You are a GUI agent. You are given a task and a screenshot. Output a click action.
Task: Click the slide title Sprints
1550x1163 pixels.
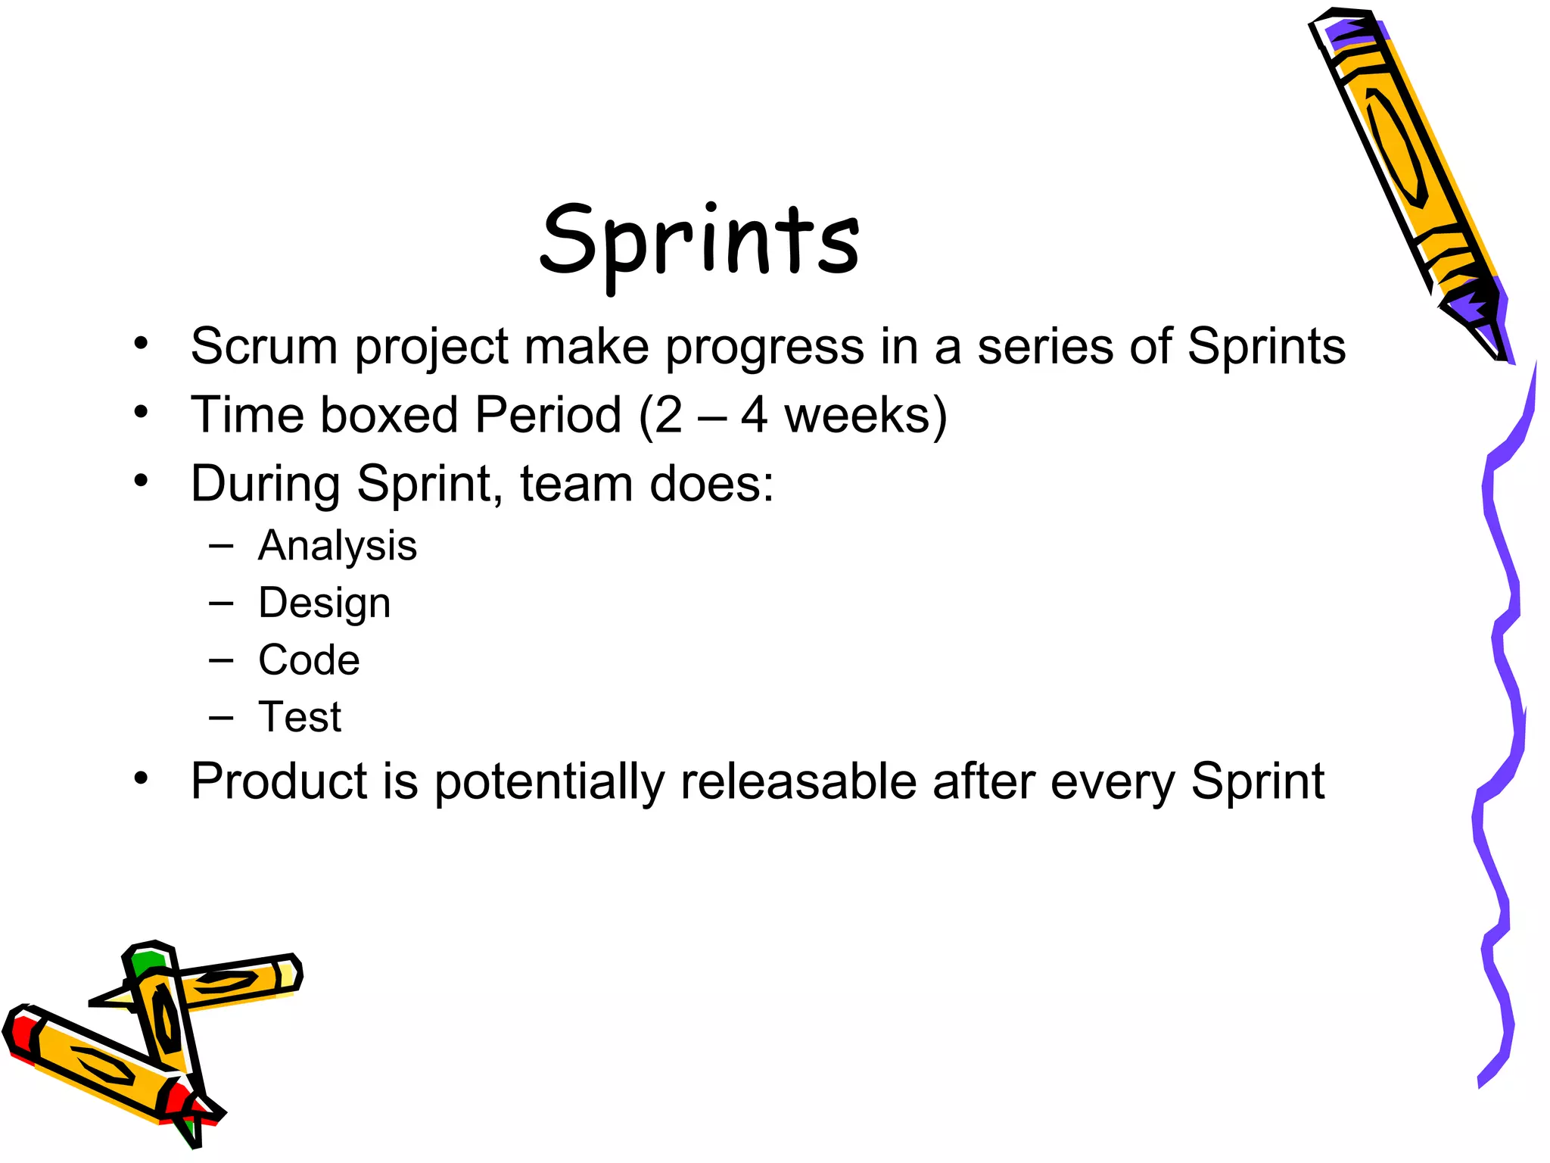(700, 241)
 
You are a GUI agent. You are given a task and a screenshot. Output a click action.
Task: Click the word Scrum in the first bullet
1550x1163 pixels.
(263, 347)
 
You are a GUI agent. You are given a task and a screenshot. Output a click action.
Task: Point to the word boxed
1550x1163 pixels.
(389, 415)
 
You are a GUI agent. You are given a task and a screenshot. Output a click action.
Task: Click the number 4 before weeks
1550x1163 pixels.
(754, 415)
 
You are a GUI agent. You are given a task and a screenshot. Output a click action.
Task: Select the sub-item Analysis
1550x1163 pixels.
(338, 546)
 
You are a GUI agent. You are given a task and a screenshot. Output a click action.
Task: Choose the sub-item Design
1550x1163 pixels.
(325, 603)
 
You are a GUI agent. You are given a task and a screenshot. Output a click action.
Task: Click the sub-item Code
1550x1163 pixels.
(309, 659)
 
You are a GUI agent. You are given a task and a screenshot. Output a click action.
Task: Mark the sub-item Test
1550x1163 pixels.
(300, 716)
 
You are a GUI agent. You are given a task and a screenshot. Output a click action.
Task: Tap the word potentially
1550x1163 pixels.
(549, 782)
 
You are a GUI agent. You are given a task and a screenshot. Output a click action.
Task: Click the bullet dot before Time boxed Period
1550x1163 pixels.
(141, 413)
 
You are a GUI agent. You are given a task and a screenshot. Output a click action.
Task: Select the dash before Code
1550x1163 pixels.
(221, 660)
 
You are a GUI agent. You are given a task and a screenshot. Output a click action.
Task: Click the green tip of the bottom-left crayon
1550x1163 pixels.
(145, 962)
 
